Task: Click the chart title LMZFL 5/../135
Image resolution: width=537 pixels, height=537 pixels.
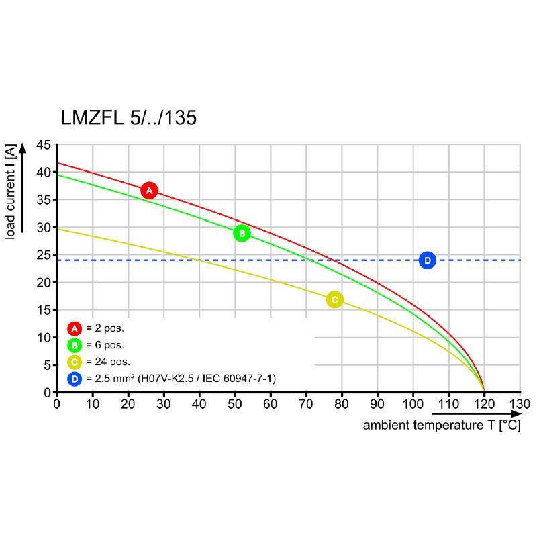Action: coord(129,118)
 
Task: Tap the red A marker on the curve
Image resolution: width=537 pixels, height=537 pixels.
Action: coord(150,191)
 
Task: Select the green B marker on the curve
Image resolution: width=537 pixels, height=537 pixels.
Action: coord(242,234)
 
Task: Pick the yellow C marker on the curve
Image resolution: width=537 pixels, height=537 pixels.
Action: coord(334,299)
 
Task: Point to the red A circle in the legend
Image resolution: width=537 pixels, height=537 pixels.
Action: coord(75,328)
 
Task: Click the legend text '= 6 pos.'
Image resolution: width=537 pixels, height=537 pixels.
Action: coord(105,346)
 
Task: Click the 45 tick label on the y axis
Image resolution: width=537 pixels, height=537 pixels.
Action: coord(43,144)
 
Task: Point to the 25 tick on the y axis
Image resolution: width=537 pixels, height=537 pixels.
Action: coord(43,255)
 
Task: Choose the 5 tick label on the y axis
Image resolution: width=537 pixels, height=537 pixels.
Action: coord(46,365)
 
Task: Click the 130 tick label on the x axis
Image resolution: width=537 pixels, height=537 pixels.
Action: coord(520,404)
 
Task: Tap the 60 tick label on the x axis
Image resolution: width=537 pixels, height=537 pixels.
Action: coord(270,404)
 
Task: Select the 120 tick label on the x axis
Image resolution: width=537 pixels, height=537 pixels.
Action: coord(483,404)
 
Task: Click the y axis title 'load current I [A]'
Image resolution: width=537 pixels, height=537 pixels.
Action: coord(11,192)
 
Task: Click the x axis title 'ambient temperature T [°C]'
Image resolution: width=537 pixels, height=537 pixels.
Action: coord(441,426)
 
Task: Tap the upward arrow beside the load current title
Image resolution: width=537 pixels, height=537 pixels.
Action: coord(23,188)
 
